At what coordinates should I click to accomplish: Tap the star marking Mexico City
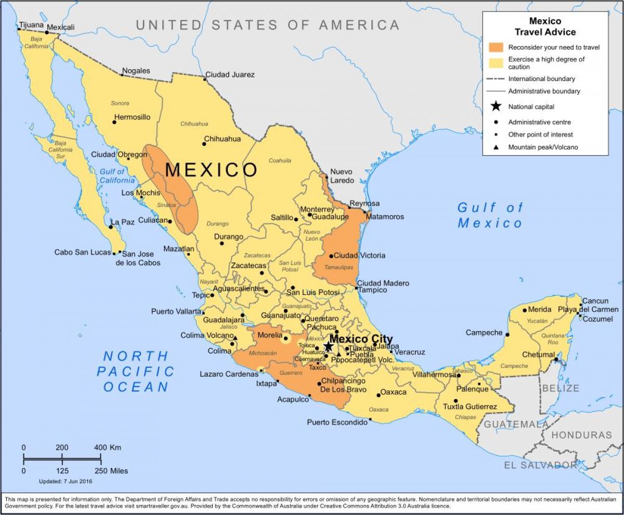click(x=328, y=346)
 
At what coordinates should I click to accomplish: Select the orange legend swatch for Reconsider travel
click(x=496, y=47)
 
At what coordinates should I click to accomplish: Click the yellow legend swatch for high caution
click(x=496, y=63)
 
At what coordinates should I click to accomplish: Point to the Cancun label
click(x=595, y=301)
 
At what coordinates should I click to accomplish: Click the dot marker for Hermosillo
click(x=114, y=122)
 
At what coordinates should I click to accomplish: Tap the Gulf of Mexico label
click(x=490, y=215)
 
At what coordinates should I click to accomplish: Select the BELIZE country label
click(x=561, y=388)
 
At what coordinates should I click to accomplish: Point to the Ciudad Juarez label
click(x=230, y=74)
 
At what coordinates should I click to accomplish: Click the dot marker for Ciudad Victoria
click(x=331, y=256)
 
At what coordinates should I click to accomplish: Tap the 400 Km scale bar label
click(x=108, y=447)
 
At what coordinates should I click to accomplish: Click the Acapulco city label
click(x=293, y=399)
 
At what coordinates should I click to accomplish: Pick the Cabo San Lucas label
click(x=83, y=253)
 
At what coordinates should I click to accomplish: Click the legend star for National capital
click(x=496, y=107)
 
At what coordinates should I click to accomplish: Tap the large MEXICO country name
click(x=211, y=170)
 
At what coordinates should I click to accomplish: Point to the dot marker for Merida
click(x=524, y=310)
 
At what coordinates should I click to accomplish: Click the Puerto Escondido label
click(x=337, y=422)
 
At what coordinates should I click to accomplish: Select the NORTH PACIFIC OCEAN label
click(x=136, y=371)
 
